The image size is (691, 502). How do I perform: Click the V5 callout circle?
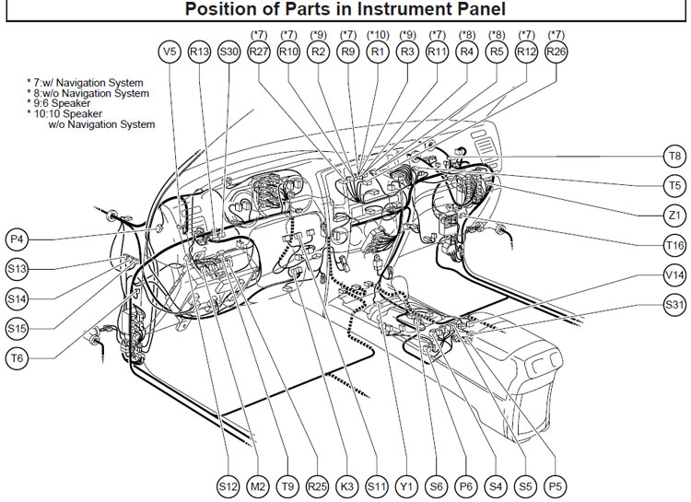click(x=170, y=52)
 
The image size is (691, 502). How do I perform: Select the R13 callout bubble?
click(x=199, y=52)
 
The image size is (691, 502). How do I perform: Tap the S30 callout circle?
click(x=229, y=52)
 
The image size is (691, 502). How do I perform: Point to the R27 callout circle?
click(x=259, y=52)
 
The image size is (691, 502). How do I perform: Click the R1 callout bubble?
click(x=378, y=52)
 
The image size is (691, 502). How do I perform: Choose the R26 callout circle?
click(x=556, y=52)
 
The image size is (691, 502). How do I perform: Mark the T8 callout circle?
click(x=674, y=156)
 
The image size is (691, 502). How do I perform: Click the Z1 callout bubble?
click(x=674, y=216)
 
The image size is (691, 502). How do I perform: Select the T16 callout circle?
click(x=674, y=245)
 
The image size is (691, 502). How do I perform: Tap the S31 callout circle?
click(x=674, y=305)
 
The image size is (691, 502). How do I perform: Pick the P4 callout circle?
click(x=17, y=239)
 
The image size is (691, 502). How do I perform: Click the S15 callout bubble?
click(x=17, y=328)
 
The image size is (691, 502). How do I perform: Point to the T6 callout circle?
click(x=17, y=358)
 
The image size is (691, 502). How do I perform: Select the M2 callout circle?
click(x=258, y=486)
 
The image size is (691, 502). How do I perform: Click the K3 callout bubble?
click(x=347, y=486)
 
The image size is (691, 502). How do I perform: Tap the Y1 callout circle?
click(x=406, y=486)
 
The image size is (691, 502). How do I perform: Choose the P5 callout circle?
click(x=556, y=486)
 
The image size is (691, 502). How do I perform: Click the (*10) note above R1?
click(x=378, y=34)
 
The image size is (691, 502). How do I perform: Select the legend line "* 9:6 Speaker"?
click(x=59, y=103)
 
